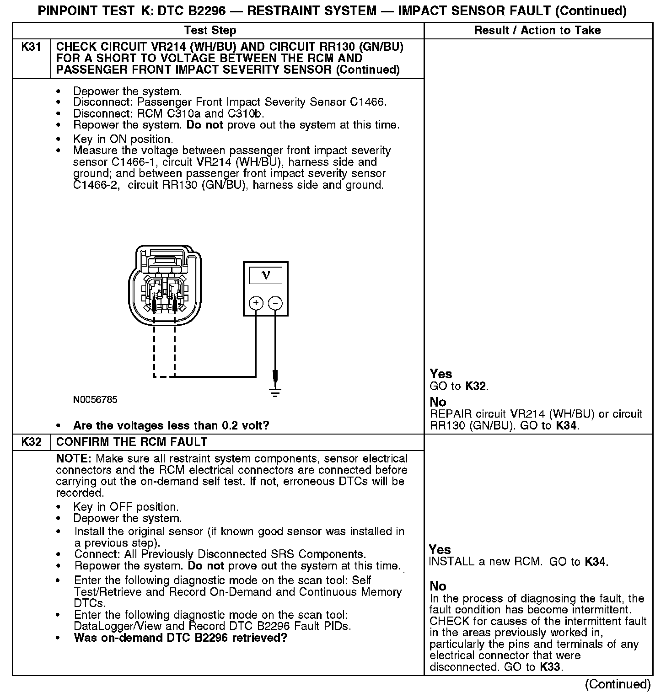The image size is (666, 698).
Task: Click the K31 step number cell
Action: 31,48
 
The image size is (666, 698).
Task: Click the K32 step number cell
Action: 31,442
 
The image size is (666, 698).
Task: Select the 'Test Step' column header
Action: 210,31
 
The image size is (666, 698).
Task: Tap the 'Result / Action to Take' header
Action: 537,31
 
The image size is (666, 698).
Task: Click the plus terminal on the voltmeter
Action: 256,303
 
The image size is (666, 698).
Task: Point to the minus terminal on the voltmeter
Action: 275,303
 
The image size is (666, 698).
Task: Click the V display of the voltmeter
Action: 265,275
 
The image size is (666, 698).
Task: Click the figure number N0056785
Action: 95,400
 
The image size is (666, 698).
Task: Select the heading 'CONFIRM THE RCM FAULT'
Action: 132,442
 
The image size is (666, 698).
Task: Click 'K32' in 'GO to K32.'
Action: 475,386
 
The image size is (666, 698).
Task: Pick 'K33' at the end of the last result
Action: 550,667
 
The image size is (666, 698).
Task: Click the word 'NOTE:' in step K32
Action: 74,458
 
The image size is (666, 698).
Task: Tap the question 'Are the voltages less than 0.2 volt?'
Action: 171,426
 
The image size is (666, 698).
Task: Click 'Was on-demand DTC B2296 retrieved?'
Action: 180,638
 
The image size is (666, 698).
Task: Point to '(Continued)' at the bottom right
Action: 618,684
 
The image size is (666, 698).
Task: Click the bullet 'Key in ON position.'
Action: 123,139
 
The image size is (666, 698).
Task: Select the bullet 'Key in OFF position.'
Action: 126,507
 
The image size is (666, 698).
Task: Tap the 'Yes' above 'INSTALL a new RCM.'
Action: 440,550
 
